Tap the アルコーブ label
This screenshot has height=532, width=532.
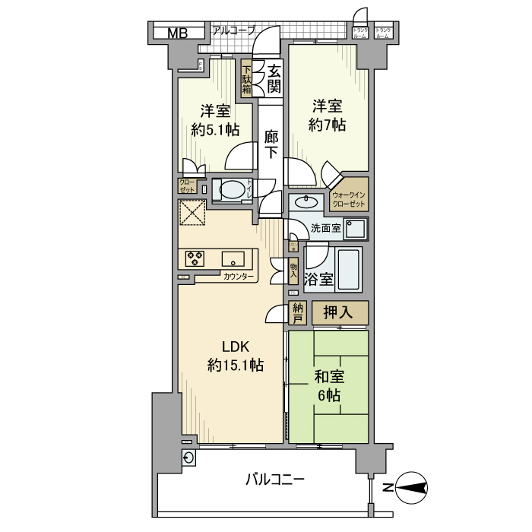pos(233,31)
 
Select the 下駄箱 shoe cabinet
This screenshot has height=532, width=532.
pos(248,78)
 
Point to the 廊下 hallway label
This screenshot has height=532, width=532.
pos(271,144)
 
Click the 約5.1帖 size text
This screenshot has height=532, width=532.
pos(211,129)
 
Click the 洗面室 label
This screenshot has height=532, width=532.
pos(324,229)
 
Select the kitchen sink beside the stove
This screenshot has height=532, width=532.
pos(233,258)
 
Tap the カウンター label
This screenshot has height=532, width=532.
pos(239,277)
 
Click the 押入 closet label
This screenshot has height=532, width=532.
pos(340,312)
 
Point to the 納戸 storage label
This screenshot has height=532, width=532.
pos(298,313)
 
